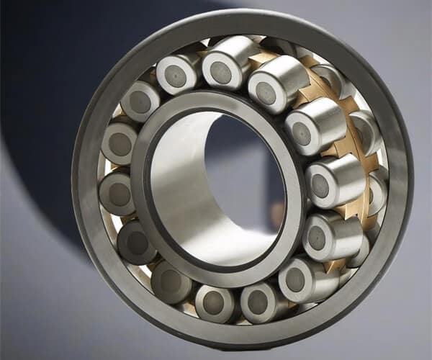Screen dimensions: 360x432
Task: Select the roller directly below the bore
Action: click(213, 302)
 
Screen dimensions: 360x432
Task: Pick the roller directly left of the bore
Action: click(117, 193)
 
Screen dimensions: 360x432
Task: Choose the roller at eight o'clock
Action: click(137, 243)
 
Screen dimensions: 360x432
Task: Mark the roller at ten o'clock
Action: click(140, 102)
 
